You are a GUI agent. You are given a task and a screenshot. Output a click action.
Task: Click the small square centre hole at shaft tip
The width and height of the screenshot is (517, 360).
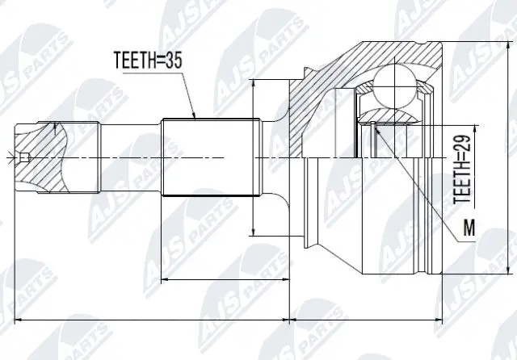tap(26, 157)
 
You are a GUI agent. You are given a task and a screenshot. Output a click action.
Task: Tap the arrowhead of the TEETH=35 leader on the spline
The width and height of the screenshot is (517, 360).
tap(195, 119)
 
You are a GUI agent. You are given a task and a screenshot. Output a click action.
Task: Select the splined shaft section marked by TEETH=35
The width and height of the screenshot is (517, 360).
tap(210, 157)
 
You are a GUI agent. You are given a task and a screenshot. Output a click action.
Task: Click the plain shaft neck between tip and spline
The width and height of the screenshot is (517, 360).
tap(129, 157)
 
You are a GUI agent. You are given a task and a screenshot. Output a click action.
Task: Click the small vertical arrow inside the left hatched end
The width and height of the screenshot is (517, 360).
tap(55, 129)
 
